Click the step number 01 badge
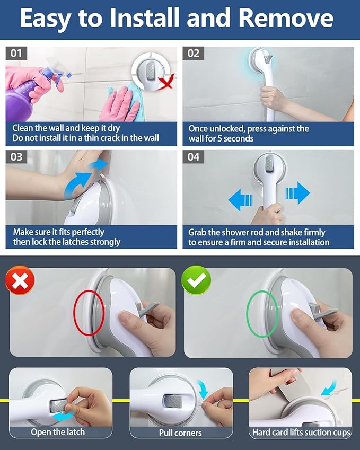16,53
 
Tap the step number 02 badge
193,53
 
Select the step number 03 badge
16,157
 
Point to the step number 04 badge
193,157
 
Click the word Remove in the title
286,18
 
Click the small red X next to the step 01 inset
167,82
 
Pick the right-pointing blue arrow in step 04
298,193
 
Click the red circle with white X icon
20,280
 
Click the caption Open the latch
58,432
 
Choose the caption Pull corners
180,433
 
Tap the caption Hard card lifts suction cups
301,432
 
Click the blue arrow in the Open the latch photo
64,416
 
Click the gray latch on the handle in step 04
269,164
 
